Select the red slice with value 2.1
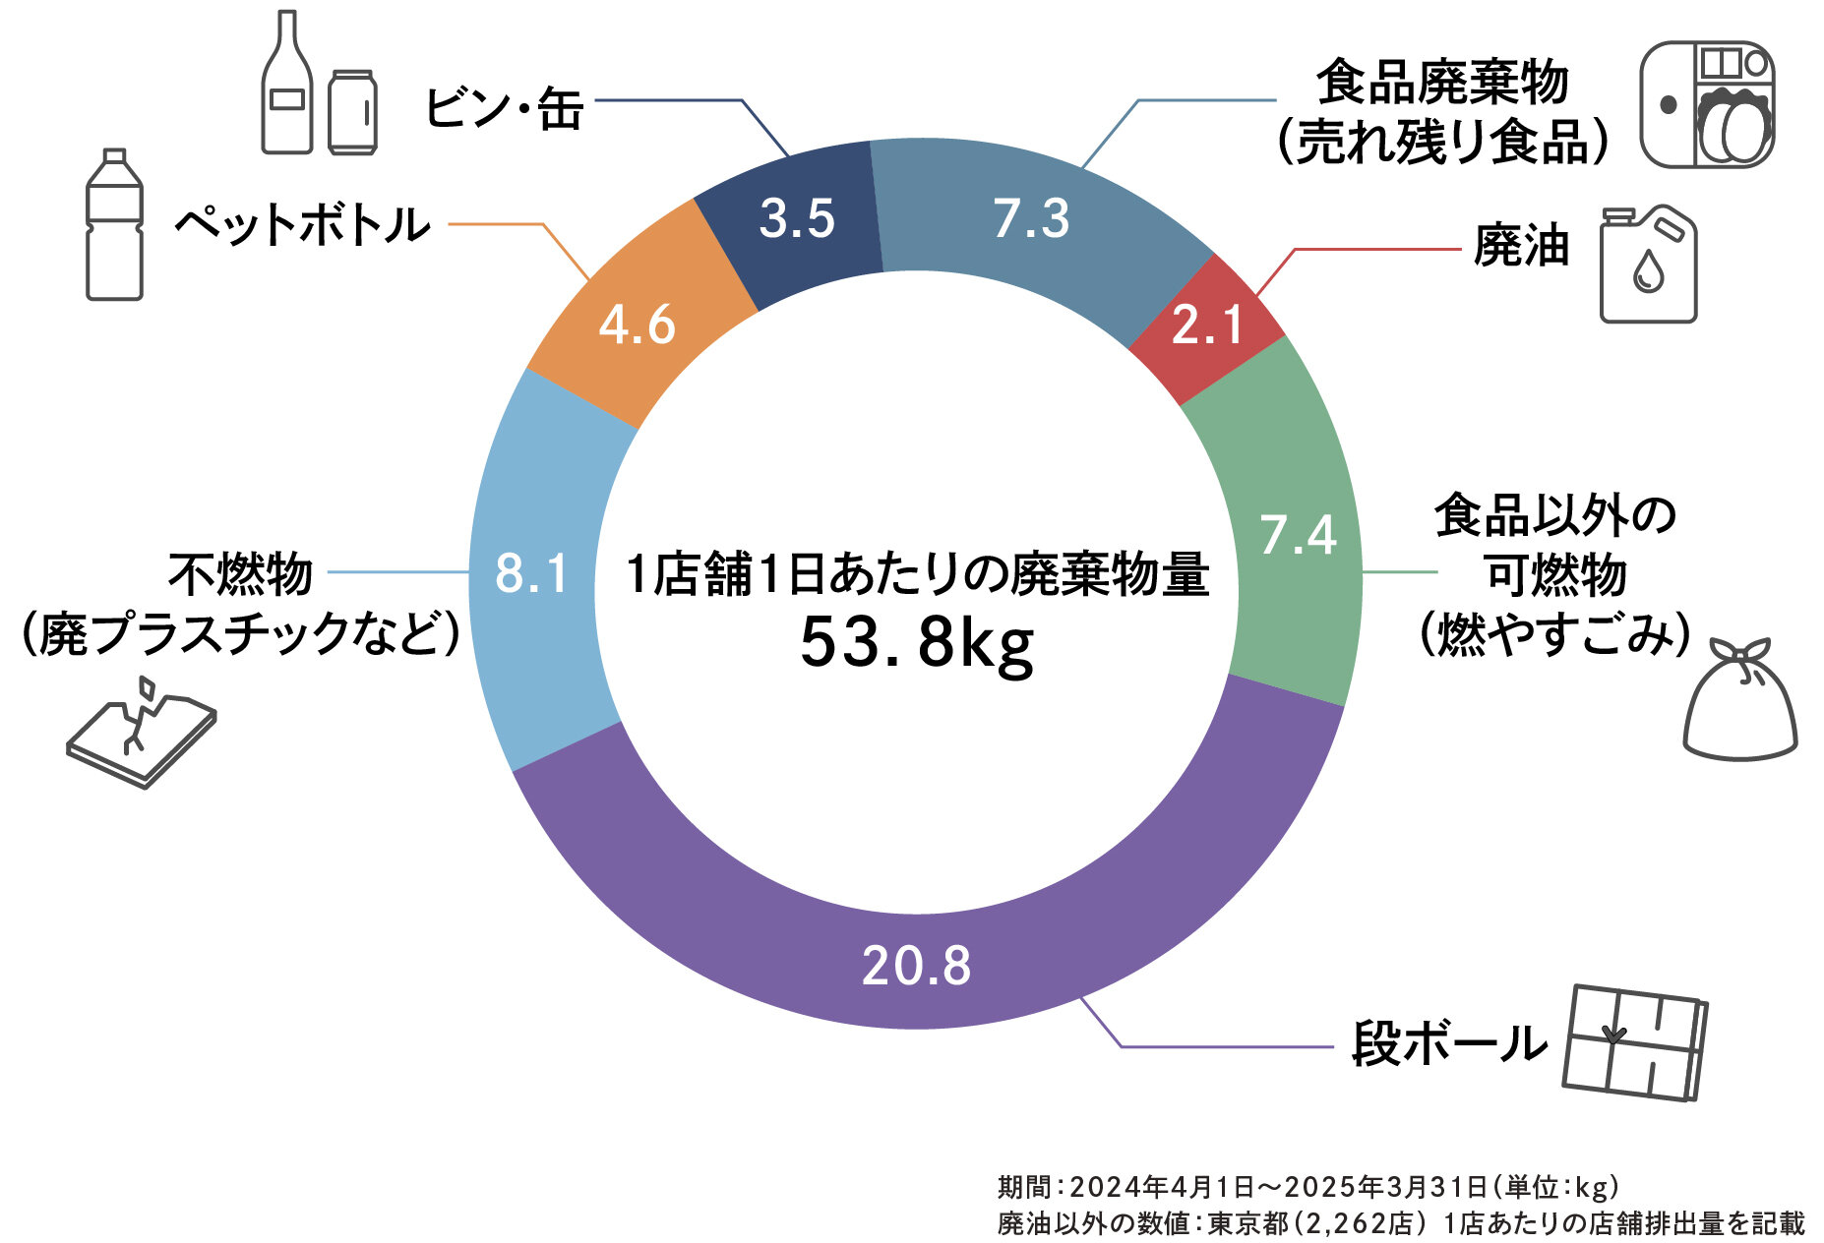(1207, 326)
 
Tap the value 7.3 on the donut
(1030, 218)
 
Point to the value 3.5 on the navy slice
(797, 218)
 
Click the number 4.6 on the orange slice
(637, 325)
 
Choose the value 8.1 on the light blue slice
(532, 573)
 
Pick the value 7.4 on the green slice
(1299, 535)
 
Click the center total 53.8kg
(917, 644)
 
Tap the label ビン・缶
(505, 108)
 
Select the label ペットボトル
(303, 225)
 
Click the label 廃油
(1520, 246)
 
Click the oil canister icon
(1648, 265)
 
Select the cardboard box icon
(1634, 1042)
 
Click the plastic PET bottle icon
(114, 225)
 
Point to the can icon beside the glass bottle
(352, 112)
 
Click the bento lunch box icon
(1707, 104)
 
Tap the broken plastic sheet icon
(141, 732)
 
